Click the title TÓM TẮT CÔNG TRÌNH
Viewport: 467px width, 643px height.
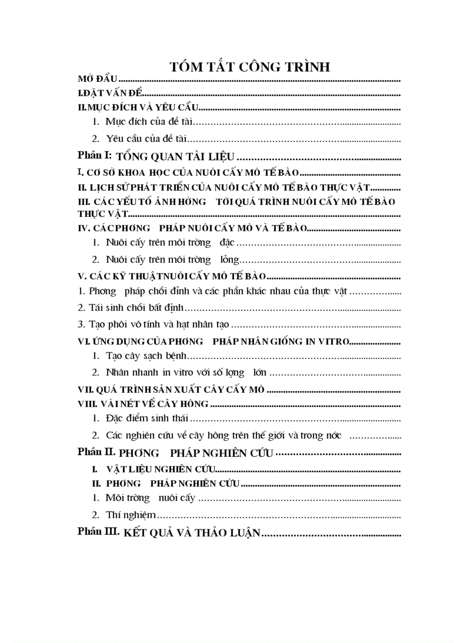point(250,66)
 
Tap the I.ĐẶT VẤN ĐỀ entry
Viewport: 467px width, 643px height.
point(109,93)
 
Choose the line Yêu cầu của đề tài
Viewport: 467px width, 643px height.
point(147,138)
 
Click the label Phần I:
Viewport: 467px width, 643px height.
point(95,155)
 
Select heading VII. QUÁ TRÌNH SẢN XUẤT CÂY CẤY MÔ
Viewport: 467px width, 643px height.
point(171,389)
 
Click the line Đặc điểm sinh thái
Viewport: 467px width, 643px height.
point(147,419)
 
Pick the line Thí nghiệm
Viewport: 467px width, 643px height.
point(130,515)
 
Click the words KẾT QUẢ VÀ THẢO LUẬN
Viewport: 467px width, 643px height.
point(192,533)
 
